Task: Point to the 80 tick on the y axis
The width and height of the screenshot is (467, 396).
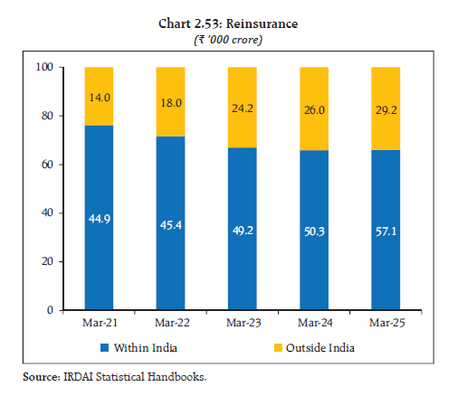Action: [x=47, y=116]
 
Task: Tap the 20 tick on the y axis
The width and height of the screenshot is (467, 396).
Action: [x=47, y=261]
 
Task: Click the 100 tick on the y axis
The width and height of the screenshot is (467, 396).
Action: [x=44, y=68]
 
